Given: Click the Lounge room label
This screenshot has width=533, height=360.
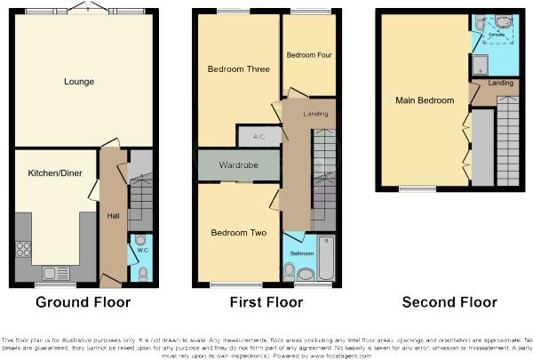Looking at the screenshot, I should tap(79, 83).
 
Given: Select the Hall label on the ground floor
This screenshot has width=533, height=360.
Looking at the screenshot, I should tap(113, 216).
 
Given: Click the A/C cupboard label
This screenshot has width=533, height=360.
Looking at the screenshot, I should tap(259, 136).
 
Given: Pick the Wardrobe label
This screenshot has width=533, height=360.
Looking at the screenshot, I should tap(239, 165).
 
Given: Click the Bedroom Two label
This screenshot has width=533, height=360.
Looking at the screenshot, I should tap(239, 233).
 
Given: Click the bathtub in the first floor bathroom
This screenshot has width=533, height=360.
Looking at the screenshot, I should tap(326, 260).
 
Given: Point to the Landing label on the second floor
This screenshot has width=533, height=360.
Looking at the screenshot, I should tap(500, 84).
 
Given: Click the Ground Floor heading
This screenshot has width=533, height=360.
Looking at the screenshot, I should tap(84, 302).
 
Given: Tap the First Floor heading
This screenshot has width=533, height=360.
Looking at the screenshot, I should tap(266, 302).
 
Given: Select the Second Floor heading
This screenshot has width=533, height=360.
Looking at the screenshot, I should tap(449, 302).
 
